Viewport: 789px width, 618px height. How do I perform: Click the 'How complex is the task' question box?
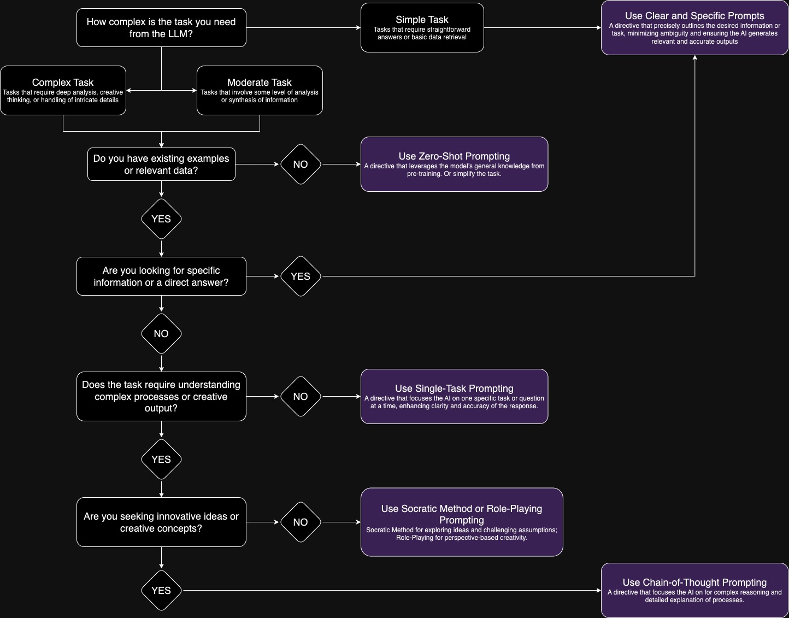pos(161,28)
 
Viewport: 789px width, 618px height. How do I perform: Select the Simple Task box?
pos(422,28)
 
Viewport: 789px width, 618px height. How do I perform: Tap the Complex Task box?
pos(63,90)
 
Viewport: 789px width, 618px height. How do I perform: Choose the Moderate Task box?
pos(260,90)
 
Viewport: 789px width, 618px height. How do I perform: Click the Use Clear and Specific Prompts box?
pos(694,28)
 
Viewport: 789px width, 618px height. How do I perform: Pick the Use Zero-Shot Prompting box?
pos(454,164)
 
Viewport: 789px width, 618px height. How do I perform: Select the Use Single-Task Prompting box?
pos(454,396)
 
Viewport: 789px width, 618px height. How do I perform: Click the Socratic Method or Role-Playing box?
pos(462,522)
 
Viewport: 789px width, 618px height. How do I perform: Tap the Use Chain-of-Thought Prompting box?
pos(694,590)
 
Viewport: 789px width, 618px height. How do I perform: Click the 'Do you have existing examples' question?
pos(161,164)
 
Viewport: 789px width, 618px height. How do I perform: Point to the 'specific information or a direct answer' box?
pos(161,276)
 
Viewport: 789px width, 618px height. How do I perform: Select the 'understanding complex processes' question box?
pos(161,396)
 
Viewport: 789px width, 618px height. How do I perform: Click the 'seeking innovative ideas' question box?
pos(161,522)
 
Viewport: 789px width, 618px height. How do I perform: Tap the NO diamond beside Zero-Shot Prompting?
pos(301,164)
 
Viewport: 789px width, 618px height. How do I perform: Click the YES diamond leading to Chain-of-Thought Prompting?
pos(161,590)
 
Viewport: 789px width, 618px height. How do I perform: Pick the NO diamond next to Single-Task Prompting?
pos(301,396)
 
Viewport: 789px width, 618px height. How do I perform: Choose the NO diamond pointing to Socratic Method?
pos(301,522)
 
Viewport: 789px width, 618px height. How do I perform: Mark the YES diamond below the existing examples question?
pos(161,219)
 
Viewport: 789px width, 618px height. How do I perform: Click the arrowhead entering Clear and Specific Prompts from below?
pos(695,58)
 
